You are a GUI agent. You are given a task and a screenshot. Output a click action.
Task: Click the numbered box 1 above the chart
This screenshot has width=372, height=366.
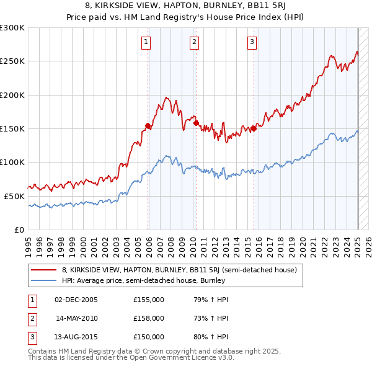point(146,42)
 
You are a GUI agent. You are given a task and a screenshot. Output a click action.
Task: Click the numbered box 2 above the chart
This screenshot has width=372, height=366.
point(194,42)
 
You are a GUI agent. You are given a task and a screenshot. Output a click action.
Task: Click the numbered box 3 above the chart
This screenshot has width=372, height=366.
point(252,42)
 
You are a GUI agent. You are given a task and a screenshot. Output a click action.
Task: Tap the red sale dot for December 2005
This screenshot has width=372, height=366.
point(148,126)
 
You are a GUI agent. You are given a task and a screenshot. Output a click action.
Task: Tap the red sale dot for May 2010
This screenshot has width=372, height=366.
point(196,123)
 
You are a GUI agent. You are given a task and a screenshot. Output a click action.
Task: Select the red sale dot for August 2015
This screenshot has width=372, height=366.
point(254,128)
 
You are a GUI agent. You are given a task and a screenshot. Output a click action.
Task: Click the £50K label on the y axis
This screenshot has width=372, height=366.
point(14,195)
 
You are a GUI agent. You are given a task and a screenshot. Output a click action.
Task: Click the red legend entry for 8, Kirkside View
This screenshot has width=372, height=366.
point(180,270)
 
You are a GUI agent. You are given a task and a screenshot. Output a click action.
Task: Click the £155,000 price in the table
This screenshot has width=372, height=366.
point(149,300)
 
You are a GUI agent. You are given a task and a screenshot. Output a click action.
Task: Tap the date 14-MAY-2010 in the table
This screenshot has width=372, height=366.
point(76,318)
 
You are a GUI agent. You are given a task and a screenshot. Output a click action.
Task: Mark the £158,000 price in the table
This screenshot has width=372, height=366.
point(149,318)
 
